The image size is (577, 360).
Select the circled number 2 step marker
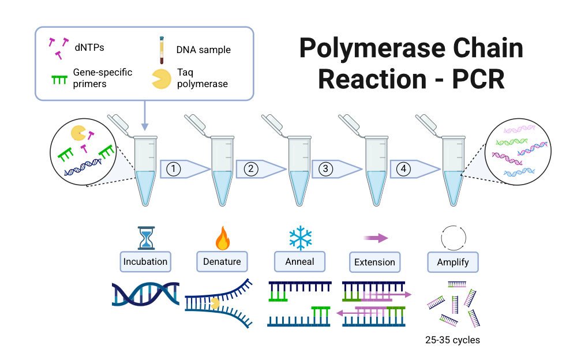[x=250, y=169]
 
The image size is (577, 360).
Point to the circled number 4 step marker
[x=404, y=169]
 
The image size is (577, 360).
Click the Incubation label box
[x=145, y=261]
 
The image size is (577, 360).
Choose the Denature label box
[x=222, y=261]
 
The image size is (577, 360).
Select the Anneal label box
[x=299, y=261]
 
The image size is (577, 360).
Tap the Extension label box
[x=374, y=262]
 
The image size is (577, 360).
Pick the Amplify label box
[x=452, y=262]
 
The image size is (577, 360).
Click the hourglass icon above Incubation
[x=144, y=237]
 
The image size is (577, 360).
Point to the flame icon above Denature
[x=222, y=237]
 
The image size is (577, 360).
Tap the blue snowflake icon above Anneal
[x=299, y=237]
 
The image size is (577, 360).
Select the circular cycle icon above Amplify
[x=452, y=237]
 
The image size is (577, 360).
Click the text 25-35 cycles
[x=452, y=340]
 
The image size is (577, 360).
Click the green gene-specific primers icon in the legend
[x=59, y=79]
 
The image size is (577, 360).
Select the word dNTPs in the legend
[x=89, y=48]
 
